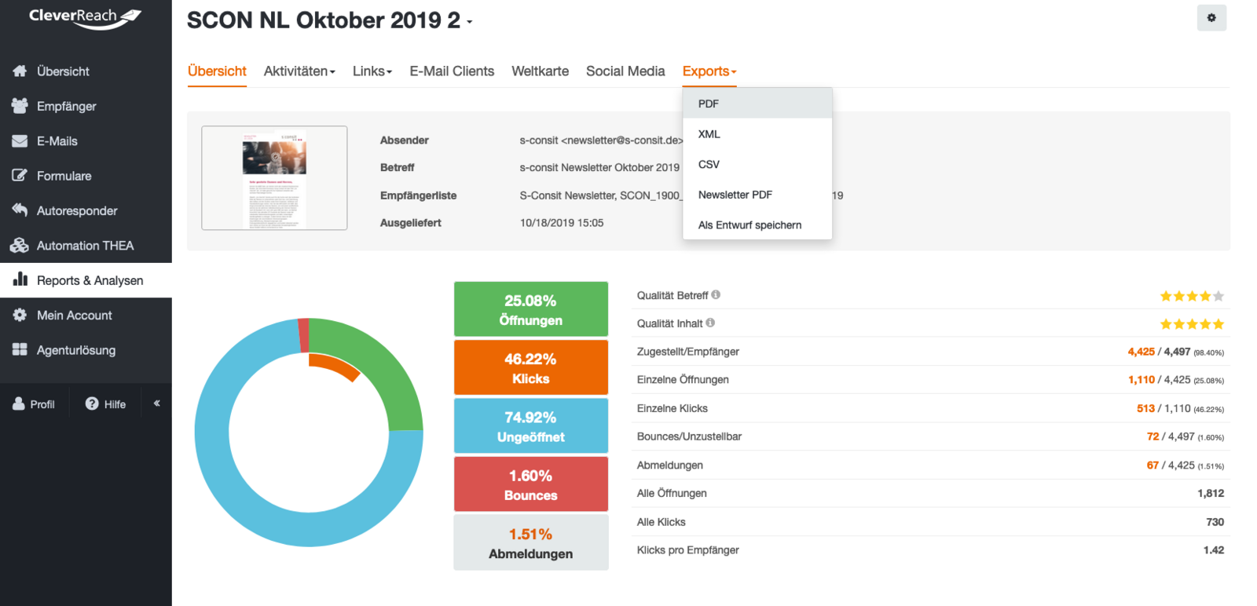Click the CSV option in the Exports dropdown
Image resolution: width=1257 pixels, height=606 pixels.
tap(709, 164)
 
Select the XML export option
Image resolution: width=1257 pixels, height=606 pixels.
tap(709, 134)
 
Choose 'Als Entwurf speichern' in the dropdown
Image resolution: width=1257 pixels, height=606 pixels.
tap(749, 225)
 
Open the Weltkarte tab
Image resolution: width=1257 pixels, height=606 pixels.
tap(540, 71)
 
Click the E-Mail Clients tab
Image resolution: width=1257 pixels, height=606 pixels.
tap(452, 71)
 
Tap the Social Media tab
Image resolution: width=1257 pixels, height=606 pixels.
tap(625, 71)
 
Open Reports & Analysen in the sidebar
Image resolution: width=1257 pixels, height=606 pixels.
tap(90, 280)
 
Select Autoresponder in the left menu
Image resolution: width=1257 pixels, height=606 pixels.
tap(77, 210)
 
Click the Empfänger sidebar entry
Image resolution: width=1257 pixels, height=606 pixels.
tap(66, 106)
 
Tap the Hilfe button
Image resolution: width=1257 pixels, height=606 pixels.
tap(106, 403)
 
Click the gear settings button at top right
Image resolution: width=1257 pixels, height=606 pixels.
tap(1211, 18)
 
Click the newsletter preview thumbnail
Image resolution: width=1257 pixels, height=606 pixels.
tap(274, 178)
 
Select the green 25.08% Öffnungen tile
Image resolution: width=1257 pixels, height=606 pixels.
tap(531, 309)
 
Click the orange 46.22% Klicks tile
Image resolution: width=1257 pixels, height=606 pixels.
tap(531, 367)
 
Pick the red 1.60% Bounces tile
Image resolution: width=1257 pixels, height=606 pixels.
tap(531, 484)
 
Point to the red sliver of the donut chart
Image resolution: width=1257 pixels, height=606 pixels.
tap(303, 335)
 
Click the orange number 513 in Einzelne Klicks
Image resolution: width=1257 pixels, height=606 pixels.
tap(1145, 408)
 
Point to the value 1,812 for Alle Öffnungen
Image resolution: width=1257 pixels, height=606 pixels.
tap(1211, 493)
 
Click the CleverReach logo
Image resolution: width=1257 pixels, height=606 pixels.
tap(85, 17)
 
